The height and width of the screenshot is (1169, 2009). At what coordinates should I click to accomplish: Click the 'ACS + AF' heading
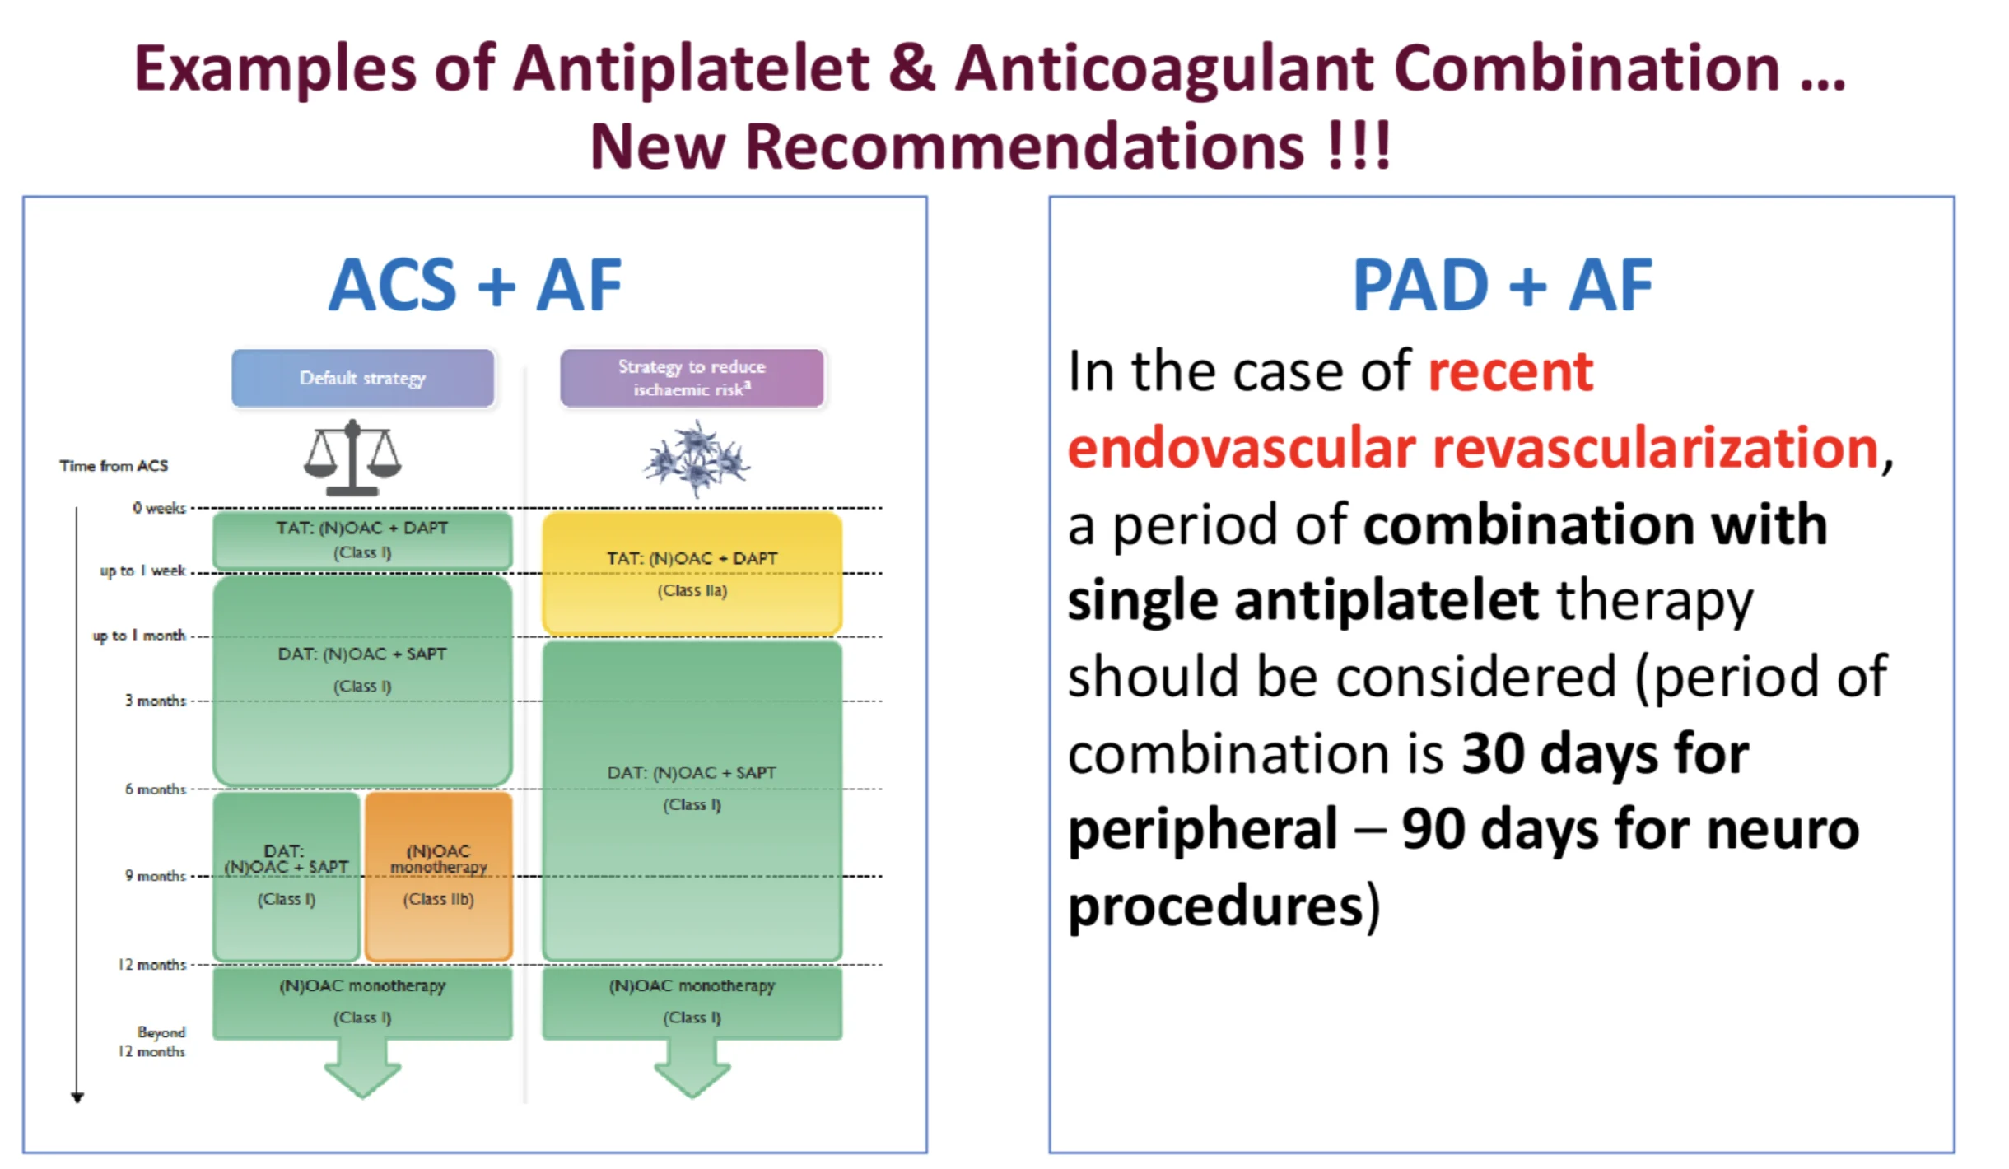pos(475,285)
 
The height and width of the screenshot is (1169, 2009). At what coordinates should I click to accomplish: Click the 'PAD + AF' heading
pos(1502,285)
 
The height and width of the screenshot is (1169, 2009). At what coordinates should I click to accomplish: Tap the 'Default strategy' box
pos(362,378)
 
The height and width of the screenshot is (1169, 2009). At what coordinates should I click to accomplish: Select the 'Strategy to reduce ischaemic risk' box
pos(692,378)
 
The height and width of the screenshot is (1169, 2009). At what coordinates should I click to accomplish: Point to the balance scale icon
pos(352,458)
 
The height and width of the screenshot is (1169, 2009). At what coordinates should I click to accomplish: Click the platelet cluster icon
pos(697,459)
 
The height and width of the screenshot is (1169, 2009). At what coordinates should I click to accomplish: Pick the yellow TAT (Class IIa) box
pos(692,573)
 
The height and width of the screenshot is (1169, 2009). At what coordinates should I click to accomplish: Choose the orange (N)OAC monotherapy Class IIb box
pos(438,874)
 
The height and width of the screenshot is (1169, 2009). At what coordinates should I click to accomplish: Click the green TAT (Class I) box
pos(362,539)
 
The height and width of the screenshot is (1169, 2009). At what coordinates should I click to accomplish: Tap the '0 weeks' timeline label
pos(159,508)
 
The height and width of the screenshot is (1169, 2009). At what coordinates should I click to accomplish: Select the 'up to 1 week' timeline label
pos(142,571)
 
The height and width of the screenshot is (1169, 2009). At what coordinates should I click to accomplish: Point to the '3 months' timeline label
pos(155,701)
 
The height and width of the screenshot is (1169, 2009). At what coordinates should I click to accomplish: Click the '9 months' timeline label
pos(155,876)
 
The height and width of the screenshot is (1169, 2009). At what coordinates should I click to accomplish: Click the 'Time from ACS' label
pos(114,466)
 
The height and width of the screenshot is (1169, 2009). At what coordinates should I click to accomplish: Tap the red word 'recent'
pos(1510,372)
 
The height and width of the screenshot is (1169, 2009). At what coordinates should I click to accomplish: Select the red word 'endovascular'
pos(1240,449)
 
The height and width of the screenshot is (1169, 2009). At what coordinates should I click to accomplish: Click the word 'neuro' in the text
pos(1782,830)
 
